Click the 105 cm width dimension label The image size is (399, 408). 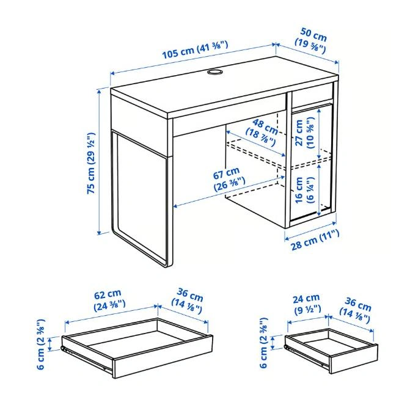pos(195,49)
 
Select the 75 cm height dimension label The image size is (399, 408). pos(91,164)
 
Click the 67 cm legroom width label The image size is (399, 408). pos(229,180)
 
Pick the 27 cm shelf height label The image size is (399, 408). pos(304,133)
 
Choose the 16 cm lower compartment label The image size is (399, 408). pos(304,190)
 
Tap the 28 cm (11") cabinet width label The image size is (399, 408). pos(315,240)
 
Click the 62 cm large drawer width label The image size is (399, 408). pos(109,300)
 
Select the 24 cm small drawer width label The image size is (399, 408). pos(307,304)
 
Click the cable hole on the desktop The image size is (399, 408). pos(214,72)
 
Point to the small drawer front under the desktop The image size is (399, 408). pos(312,95)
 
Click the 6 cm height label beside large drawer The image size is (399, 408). pos(41,344)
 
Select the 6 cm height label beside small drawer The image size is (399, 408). pos(263,343)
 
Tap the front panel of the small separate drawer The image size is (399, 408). pos(354,359)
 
